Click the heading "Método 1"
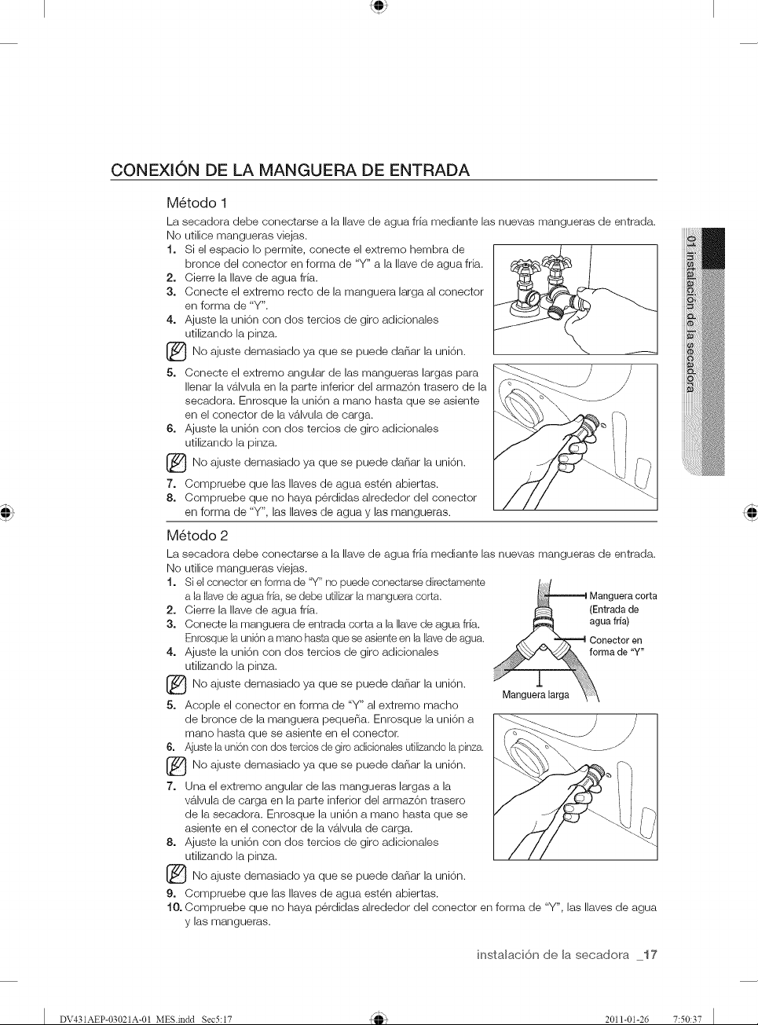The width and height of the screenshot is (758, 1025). pyautogui.click(x=197, y=203)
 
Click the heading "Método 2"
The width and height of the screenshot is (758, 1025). pyautogui.click(x=197, y=536)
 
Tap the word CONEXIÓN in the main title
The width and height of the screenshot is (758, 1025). pyautogui.click(x=156, y=170)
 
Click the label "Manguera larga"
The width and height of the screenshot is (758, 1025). pyautogui.click(x=536, y=694)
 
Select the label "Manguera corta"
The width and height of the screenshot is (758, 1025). pyautogui.click(x=623, y=595)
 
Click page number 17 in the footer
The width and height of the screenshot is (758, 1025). pyautogui.click(x=650, y=955)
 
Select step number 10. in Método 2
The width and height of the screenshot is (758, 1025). pyautogui.click(x=174, y=908)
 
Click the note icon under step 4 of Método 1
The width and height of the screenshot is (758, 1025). pyautogui.click(x=176, y=353)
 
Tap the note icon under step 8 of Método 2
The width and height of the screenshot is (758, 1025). pyautogui.click(x=176, y=877)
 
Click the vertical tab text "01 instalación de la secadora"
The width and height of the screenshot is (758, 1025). pyautogui.click(x=691, y=313)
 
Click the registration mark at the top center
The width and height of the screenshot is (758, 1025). pyautogui.click(x=379, y=5)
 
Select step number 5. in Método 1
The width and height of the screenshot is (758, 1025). pyautogui.click(x=171, y=372)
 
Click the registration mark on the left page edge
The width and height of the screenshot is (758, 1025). pyautogui.click(x=6, y=512)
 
